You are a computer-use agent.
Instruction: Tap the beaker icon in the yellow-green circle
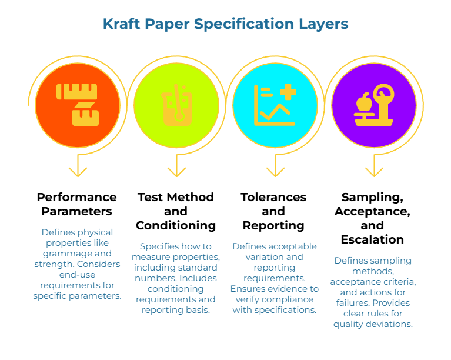click(176, 105)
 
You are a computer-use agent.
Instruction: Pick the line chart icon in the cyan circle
click(275, 105)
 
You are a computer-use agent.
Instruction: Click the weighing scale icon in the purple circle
click(373, 105)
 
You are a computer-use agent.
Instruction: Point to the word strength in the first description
click(52, 264)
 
